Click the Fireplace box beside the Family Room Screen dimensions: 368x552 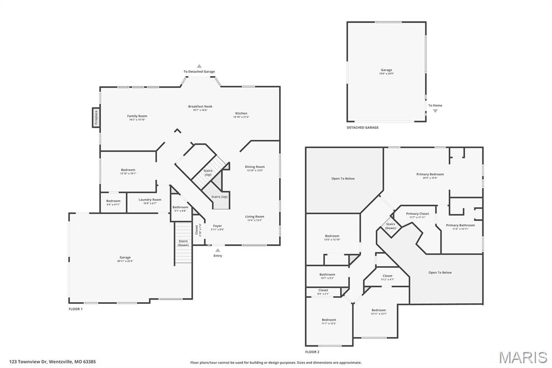(x=96, y=118)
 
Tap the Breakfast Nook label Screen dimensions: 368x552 (x=200, y=107)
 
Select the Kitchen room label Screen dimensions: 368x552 (x=240, y=114)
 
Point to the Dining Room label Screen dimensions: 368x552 (x=255, y=167)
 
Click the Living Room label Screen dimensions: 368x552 (x=255, y=217)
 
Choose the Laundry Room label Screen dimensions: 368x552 (x=150, y=200)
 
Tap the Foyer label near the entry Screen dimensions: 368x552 (x=217, y=226)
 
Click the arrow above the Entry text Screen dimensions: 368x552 (x=217, y=250)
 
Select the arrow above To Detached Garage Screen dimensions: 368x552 (x=199, y=66)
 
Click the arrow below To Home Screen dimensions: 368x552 (x=435, y=111)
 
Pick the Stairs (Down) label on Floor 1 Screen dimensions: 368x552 (x=183, y=243)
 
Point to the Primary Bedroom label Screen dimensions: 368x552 (x=430, y=174)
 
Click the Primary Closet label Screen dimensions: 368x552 (x=417, y=214)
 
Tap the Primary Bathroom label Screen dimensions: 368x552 (x=460, y=226)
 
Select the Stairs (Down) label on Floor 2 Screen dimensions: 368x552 (x=390, y=226)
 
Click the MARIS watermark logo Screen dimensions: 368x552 (x=522, y=357)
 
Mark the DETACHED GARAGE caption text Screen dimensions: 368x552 (x=362, y=128)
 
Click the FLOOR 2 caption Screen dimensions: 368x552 (x=313, y=352)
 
